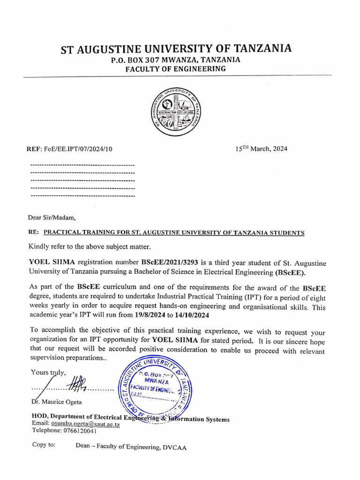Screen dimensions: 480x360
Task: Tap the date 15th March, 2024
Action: [x=261, y=149]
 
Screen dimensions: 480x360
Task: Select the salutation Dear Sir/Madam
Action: [x=52, y=217]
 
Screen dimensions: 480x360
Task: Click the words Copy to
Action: [x=44, y=445]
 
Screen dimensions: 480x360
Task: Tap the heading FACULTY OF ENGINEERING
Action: [x=175, y=69]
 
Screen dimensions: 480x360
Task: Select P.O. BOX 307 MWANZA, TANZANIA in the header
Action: [x=175, y=60]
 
